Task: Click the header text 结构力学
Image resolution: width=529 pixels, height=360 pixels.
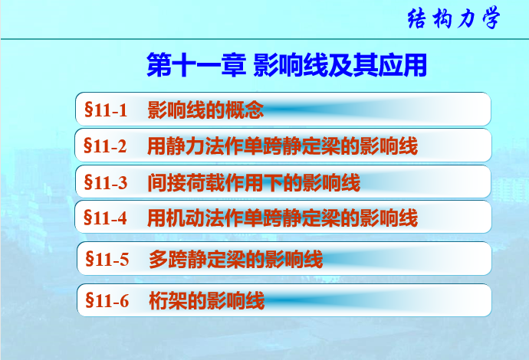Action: pos(453,18)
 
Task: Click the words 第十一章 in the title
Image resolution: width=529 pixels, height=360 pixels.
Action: pos(196,65)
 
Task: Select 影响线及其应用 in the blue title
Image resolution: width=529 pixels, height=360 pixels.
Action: pos(340,65)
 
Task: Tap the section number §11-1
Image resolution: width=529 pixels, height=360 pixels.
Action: pos(106,110)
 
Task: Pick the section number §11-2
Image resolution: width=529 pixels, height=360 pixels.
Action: pos(105,146)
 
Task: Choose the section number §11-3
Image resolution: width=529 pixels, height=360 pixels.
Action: pos(106,182)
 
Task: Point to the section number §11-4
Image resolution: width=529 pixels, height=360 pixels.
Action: pos(105,218)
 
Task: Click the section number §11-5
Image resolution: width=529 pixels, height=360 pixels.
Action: pos(107,259)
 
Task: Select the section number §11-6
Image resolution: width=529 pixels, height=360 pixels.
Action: pos(107,300)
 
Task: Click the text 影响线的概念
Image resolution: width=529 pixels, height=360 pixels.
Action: pos(205,110)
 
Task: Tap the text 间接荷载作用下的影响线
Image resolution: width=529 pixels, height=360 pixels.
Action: pos(254,182)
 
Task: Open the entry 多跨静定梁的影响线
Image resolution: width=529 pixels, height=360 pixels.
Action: pos(236,259)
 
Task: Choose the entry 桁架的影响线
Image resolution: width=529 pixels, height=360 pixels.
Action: pos(206,300)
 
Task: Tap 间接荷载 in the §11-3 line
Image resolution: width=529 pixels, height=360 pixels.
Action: pos(186,182)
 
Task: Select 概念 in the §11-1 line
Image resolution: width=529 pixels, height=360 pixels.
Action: pos(245,110)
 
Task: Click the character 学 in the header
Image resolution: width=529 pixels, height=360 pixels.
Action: pos(491,18)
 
